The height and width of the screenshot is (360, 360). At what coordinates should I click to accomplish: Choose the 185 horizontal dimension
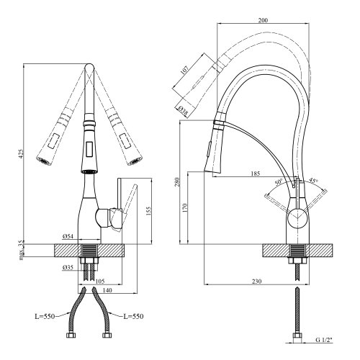[255, 174]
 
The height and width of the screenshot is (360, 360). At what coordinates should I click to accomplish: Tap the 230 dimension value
[257, 282]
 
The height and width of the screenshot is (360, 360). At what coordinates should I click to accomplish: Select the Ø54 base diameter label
[69, 236]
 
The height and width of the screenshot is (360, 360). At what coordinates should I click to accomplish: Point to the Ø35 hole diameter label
[68, 268]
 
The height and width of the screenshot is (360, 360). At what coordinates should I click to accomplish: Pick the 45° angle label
[313, 181]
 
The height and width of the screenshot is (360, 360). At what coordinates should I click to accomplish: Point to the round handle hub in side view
[297, 218]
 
